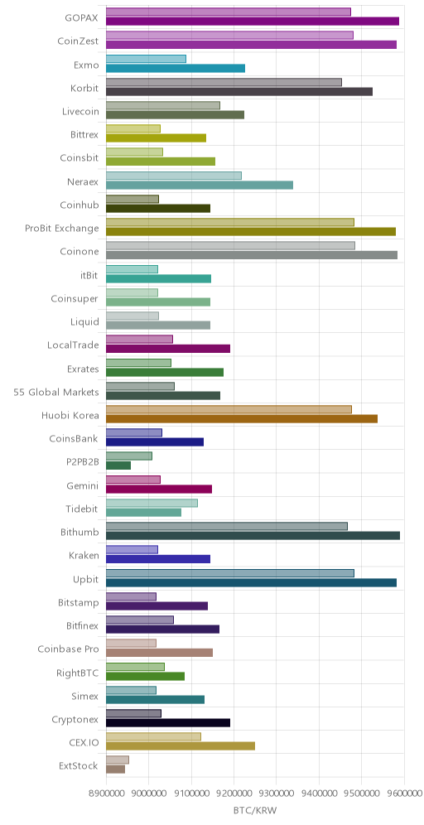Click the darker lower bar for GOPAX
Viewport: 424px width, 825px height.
click(x=253, y=21)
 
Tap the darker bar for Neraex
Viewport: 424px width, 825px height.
click(x=200, y=186)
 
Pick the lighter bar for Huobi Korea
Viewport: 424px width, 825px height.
click(x=229, y=409)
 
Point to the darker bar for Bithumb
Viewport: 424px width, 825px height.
click(x=253, y=536)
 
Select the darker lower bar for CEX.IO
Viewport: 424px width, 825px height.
click(x=181, y=746)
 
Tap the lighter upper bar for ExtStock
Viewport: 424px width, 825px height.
click(x=118, y=760)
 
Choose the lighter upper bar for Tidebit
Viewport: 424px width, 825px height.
click(x=152, y=503)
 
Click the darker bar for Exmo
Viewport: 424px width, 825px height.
click(x=176, y=69)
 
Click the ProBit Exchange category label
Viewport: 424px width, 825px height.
click(x=62, y=229)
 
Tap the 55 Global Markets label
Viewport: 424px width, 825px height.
click(x=56, y=392)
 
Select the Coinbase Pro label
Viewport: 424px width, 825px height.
click(x=69, y=649)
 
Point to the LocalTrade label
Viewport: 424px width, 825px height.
click(x=73, y=345)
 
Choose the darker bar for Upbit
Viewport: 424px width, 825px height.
click(x=252, y=582)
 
